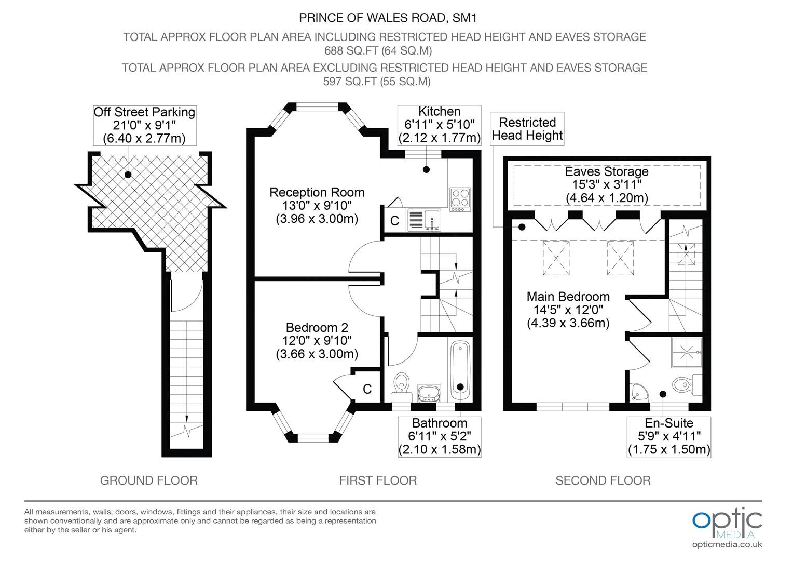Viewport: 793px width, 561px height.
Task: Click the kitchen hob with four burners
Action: tap(460, 199)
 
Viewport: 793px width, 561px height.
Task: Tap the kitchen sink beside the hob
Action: tap(424, 220)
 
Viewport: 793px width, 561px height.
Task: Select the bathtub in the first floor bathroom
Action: tap(460, 371)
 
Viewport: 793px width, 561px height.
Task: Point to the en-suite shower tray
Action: tap(687, 352)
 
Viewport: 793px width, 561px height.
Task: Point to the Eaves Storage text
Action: tap(607, 171)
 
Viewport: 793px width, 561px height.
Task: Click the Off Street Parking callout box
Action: tap(144, 126)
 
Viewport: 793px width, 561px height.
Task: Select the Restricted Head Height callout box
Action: tap(527, 129)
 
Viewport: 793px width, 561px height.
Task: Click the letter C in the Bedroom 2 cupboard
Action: tap(367, 389)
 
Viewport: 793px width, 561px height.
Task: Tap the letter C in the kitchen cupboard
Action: tap(394, 221)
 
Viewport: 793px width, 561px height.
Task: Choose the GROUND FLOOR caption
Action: tap(148, 480)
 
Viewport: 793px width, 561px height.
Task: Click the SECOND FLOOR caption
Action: tap(603, 480)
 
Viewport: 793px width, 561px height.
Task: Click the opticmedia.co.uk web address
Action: tap(727, 545)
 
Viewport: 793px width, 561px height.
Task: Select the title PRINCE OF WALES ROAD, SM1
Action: tap(388, 18)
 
